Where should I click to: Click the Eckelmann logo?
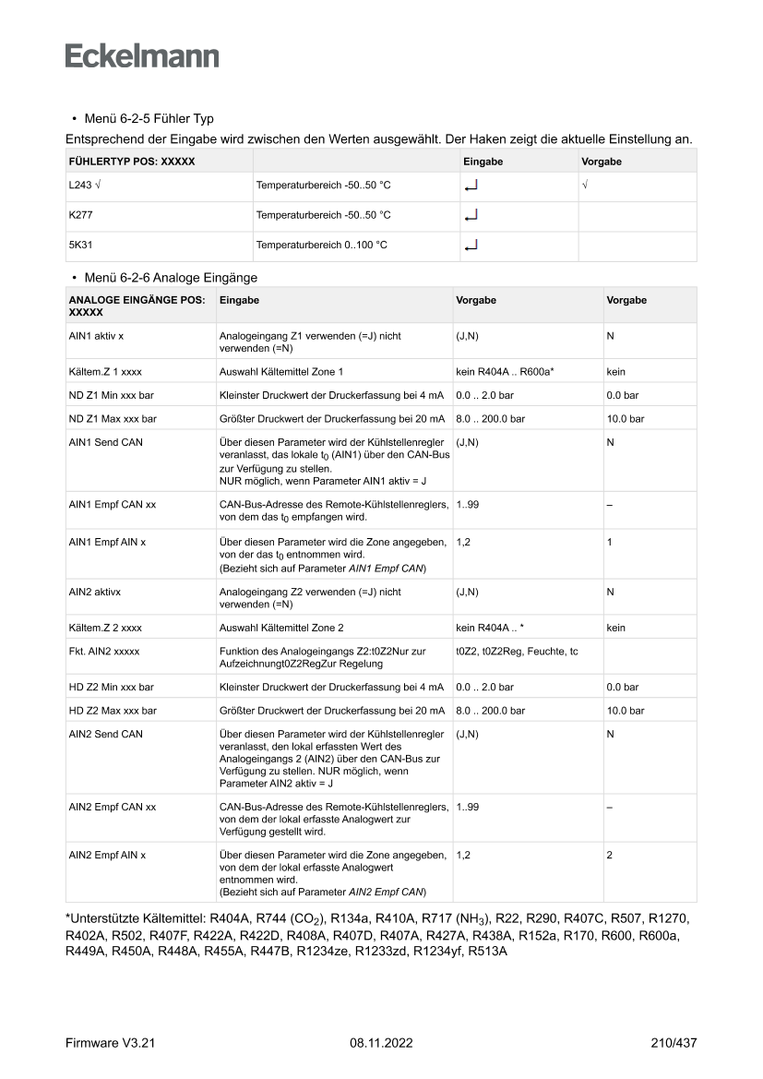point(142,56)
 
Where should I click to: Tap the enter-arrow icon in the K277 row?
point(471,216)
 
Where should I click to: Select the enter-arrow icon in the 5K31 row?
point(471,246)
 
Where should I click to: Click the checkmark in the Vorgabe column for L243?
point(585,186)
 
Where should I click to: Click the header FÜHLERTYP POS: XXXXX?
point(132,162)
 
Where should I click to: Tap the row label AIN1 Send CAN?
point(106,442)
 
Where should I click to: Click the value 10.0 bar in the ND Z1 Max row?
point(625,419)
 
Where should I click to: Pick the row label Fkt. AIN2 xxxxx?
point(104,652)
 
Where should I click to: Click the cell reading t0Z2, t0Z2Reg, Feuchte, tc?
point(517,652)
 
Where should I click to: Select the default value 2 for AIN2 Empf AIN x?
point(610,856)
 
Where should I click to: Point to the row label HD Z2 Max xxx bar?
point(113,711)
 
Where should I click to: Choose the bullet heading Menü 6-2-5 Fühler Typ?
point(148,119)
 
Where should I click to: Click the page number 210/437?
point(673,1043)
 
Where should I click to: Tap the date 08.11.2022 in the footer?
point(381,1043)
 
